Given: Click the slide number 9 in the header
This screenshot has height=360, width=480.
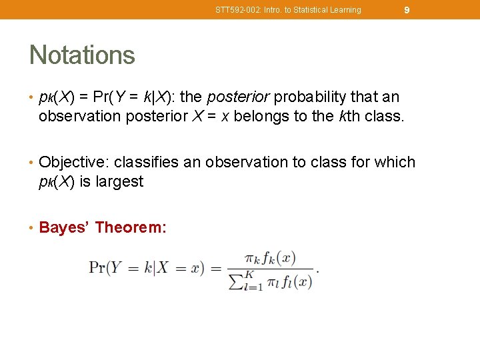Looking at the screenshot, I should (407, 10).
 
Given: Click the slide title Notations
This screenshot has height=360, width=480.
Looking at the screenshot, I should (82, 55).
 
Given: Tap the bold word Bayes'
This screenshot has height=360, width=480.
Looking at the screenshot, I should (65, 228).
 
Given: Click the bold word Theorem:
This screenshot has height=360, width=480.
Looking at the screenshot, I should (131, 228).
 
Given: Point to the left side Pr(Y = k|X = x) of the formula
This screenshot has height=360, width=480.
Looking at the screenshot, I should (145, 268).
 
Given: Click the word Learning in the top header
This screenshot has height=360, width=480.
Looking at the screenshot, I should (347, 10).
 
